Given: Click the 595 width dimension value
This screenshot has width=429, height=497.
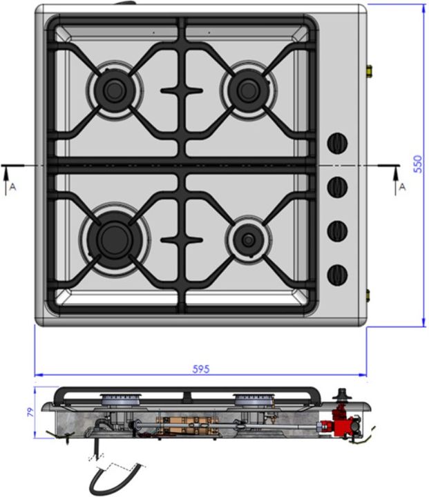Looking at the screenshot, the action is [201, 369].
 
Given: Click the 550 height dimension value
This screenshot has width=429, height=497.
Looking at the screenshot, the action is [418, 164].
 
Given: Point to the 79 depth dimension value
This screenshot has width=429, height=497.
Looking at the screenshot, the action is [30, 412].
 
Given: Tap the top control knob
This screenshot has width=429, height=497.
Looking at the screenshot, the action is [337, 144].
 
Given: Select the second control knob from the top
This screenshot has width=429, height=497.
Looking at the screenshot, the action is [337, 186].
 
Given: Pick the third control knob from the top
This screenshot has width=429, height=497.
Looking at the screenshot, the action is [337, 231].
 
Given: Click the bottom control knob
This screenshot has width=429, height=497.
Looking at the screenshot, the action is [337, 275].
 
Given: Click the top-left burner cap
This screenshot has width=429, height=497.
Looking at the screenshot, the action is [114, 90].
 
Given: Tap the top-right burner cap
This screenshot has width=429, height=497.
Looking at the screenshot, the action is [249, 90].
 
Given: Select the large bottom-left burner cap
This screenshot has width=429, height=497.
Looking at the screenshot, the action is [114, 239].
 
